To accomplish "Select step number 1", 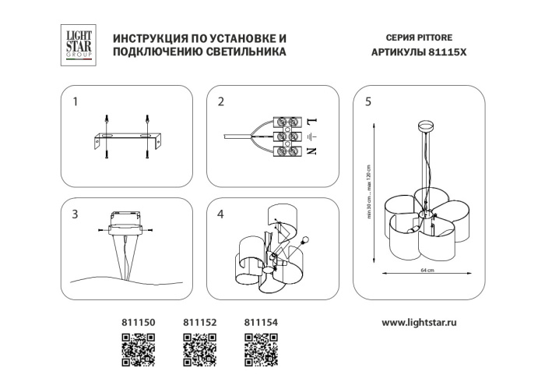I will click(x=76, y=102).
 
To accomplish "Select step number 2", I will click(x=221, y=102).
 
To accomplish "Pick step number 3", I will click(x=76, y=214).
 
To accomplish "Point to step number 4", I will click(x=221, y=214).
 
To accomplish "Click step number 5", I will click(x=367, y=102).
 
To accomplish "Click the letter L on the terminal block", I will click(x=310, y=123).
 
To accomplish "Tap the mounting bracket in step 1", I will click(x=125, y=140).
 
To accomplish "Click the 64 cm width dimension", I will click(x=427, y=271).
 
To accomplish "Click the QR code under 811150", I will click(x=138, y=348).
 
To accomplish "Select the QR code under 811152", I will click(x=199, y=348).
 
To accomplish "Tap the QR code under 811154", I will click(x=261, y=348).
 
